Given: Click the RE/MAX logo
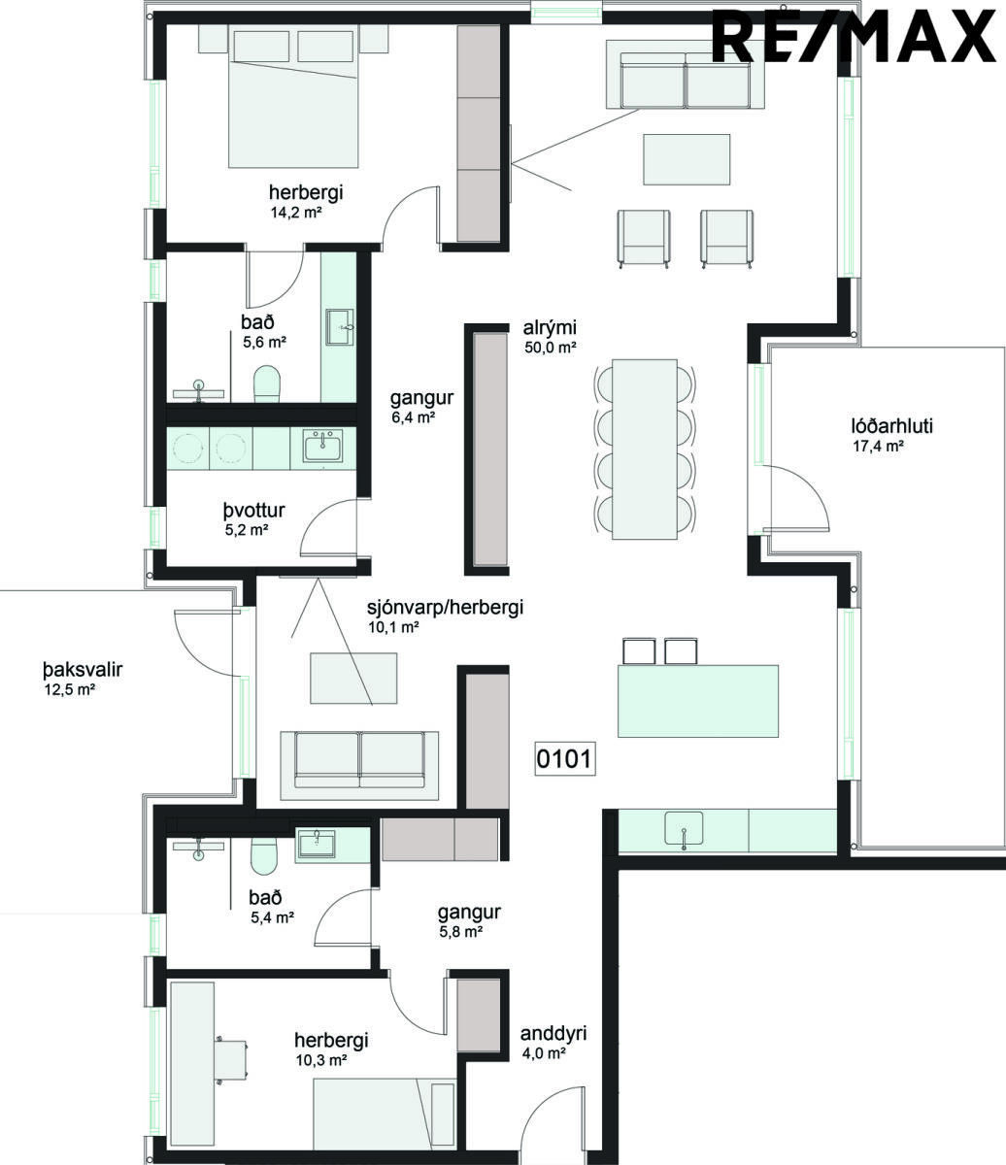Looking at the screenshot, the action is pyautogui.click(x=854, y=36).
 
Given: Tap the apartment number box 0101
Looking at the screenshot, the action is pyautogui.click(x=565, y=758).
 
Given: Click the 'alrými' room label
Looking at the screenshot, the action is pyautogui.click(x=550, y=327).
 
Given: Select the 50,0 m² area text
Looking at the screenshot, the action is pyautogui.click(x=550, y=348).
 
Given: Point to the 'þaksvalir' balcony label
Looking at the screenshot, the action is pyautogui.click(x=83, y=670).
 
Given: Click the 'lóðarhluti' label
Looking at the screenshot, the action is pyautogui.click(x=891, y=426).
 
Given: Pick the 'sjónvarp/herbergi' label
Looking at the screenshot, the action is pyautogui.click(x=445, y=608).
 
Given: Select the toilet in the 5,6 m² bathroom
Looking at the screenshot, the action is pyautogui.click(x=267, y=383).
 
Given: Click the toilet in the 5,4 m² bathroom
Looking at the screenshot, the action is pyautogui.click(x=264, y=855).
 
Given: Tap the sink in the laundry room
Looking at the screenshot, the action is pyautogui.click(x=322, y=446).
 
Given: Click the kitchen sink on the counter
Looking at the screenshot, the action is pyautogui.click(x=684, y=828).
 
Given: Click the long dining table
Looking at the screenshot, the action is pyautogui.click(x=645, y=449).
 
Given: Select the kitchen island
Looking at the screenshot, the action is pyautogui.click(x=698, y=701).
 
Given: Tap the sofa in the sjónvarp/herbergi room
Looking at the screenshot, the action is pyautogui.click(x=359, y=765).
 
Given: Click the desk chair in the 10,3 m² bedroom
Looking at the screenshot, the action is pyautogui.click(x=231, y=1059).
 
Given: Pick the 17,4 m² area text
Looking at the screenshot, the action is pyautogui.click(x=879, y=447).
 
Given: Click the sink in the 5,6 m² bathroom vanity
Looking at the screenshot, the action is pyautogui.click(x=340, y=327).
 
